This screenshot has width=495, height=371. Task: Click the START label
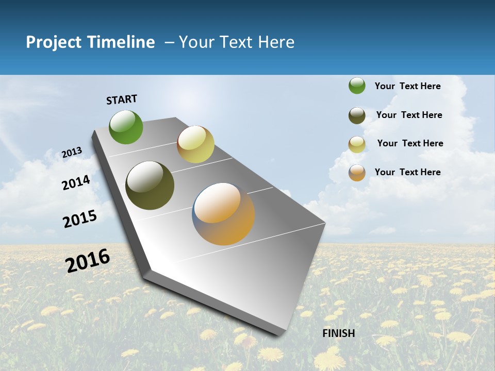pyautogui.click(x=122, y=99)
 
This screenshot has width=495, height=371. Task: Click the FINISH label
pyautogui.click(x=339, y=333)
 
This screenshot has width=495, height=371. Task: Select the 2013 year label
pyautogui.click(x=72, y=153)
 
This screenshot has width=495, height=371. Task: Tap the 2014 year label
pyautogui.click(x=76, y=182)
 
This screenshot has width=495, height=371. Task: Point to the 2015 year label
pyautogui.click(x=80, y=218)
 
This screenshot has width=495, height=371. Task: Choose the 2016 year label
pyautogui.click(x=88, y=261)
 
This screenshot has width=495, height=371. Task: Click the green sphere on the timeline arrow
pyautogui.click(x=126, y=127)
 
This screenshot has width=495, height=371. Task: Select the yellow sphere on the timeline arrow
pyautogui.click(x=195, y=144)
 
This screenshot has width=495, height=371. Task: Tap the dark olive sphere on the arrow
pyautogui.click(x=150, y=185)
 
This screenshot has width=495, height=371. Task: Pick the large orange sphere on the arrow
pyautogui.click(x=224, y=214)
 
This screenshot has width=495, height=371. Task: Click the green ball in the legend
pyautogui.click(x=357, y=86)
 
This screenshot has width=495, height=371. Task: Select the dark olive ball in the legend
pyautogui.click(x=357, y=115)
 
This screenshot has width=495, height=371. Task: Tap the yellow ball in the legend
pyautogui.click(x=357, y=144)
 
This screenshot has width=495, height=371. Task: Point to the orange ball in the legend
pyautogui.click(x=357, y=173)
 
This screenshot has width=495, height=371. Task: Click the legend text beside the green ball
pyautogui.click(x=407, y=86)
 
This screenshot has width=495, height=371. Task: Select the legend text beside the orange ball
pyautogui.click(x=407, y=172)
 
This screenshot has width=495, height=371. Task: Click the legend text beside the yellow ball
pyautogui.click(x=410, y=143)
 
